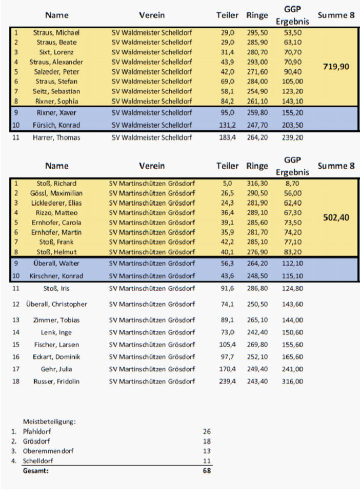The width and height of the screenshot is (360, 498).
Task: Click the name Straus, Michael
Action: tap(56, 33)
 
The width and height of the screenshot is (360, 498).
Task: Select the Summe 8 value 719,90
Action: tap(336, 67)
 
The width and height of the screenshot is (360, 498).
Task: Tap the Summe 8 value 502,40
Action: tap(336, 217)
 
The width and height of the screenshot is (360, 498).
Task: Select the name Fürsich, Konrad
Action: tap(56, 125)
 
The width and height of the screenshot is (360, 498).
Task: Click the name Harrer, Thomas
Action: tap(56, 137)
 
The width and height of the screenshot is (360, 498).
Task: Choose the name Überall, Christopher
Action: tap(56, 304)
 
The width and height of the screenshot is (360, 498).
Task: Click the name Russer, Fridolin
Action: tap(56, 382)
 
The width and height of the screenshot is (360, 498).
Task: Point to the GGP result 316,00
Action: tap(292, 382)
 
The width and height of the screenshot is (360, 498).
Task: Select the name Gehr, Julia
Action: tap(56, 369)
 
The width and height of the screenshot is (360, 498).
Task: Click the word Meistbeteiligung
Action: tap(49, 422)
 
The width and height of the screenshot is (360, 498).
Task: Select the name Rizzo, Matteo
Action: tap(56, 212)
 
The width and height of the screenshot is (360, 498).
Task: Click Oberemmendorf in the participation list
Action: tap(44, 451)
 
